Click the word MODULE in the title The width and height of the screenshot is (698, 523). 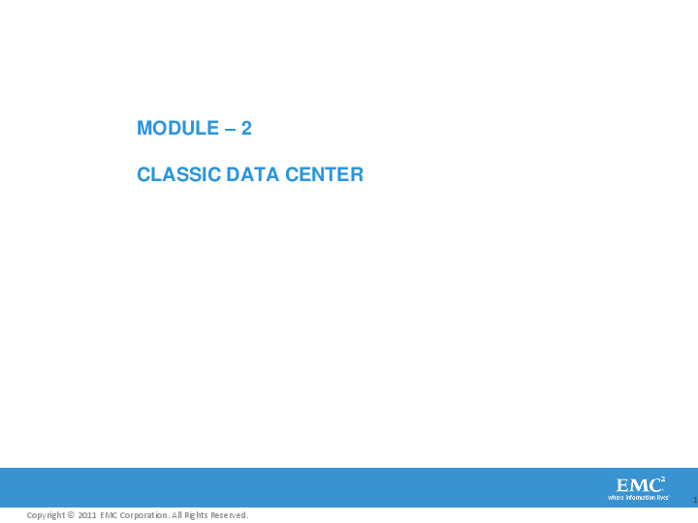point(177,128)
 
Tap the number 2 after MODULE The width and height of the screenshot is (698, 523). point(247,128)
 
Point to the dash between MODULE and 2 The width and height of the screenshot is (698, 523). point(231,128)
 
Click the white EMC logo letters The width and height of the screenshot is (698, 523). point(637,485)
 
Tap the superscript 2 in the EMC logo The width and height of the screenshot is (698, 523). point(663,479)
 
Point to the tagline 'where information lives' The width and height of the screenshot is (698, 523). point(638,498)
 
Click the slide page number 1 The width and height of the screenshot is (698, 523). point(695,500)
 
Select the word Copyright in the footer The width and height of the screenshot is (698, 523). point(45,515)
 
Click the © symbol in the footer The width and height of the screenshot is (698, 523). point(71,515)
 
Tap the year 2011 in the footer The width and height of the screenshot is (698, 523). point(87,515)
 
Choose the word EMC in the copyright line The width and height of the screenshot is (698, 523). point(109,515)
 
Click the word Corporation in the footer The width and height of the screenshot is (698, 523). point(144,515)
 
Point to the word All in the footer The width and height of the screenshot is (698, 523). point(177,515)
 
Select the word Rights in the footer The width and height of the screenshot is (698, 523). point(198,515)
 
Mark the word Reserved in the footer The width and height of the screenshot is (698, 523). point(231,515)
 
